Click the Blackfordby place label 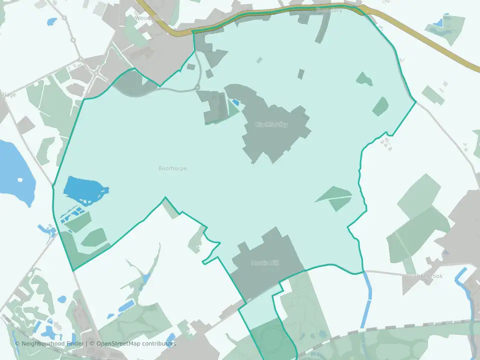pos(271,124)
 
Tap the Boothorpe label pos(172,168)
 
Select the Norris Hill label pos(264,263)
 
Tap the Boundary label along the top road pos(329,10)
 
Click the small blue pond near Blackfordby pos(235,102)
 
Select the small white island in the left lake pos(20,180)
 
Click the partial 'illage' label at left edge pos(8,94)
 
